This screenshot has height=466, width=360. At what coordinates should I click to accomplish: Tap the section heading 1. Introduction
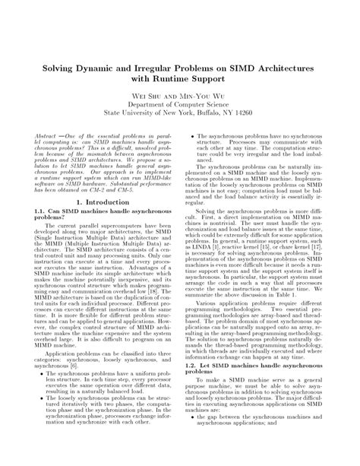pyautogui.click(x=102, y=203)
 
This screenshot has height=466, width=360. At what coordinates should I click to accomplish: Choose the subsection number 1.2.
pyautogui.click(x=191, y=385)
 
